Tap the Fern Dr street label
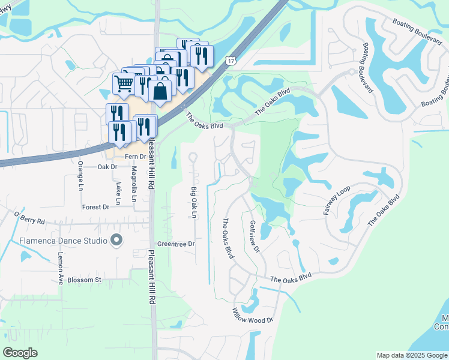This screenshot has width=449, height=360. [135, 157]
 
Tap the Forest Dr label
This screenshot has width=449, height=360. [96, 206]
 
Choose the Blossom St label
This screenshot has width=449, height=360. [85, 280]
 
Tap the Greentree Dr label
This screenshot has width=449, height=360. [176, 244]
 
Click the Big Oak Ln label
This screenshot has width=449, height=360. [193, 203]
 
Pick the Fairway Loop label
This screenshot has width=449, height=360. [337, 200]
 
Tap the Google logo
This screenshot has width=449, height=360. [20, 353]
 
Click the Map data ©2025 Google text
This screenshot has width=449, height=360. [411, 355]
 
